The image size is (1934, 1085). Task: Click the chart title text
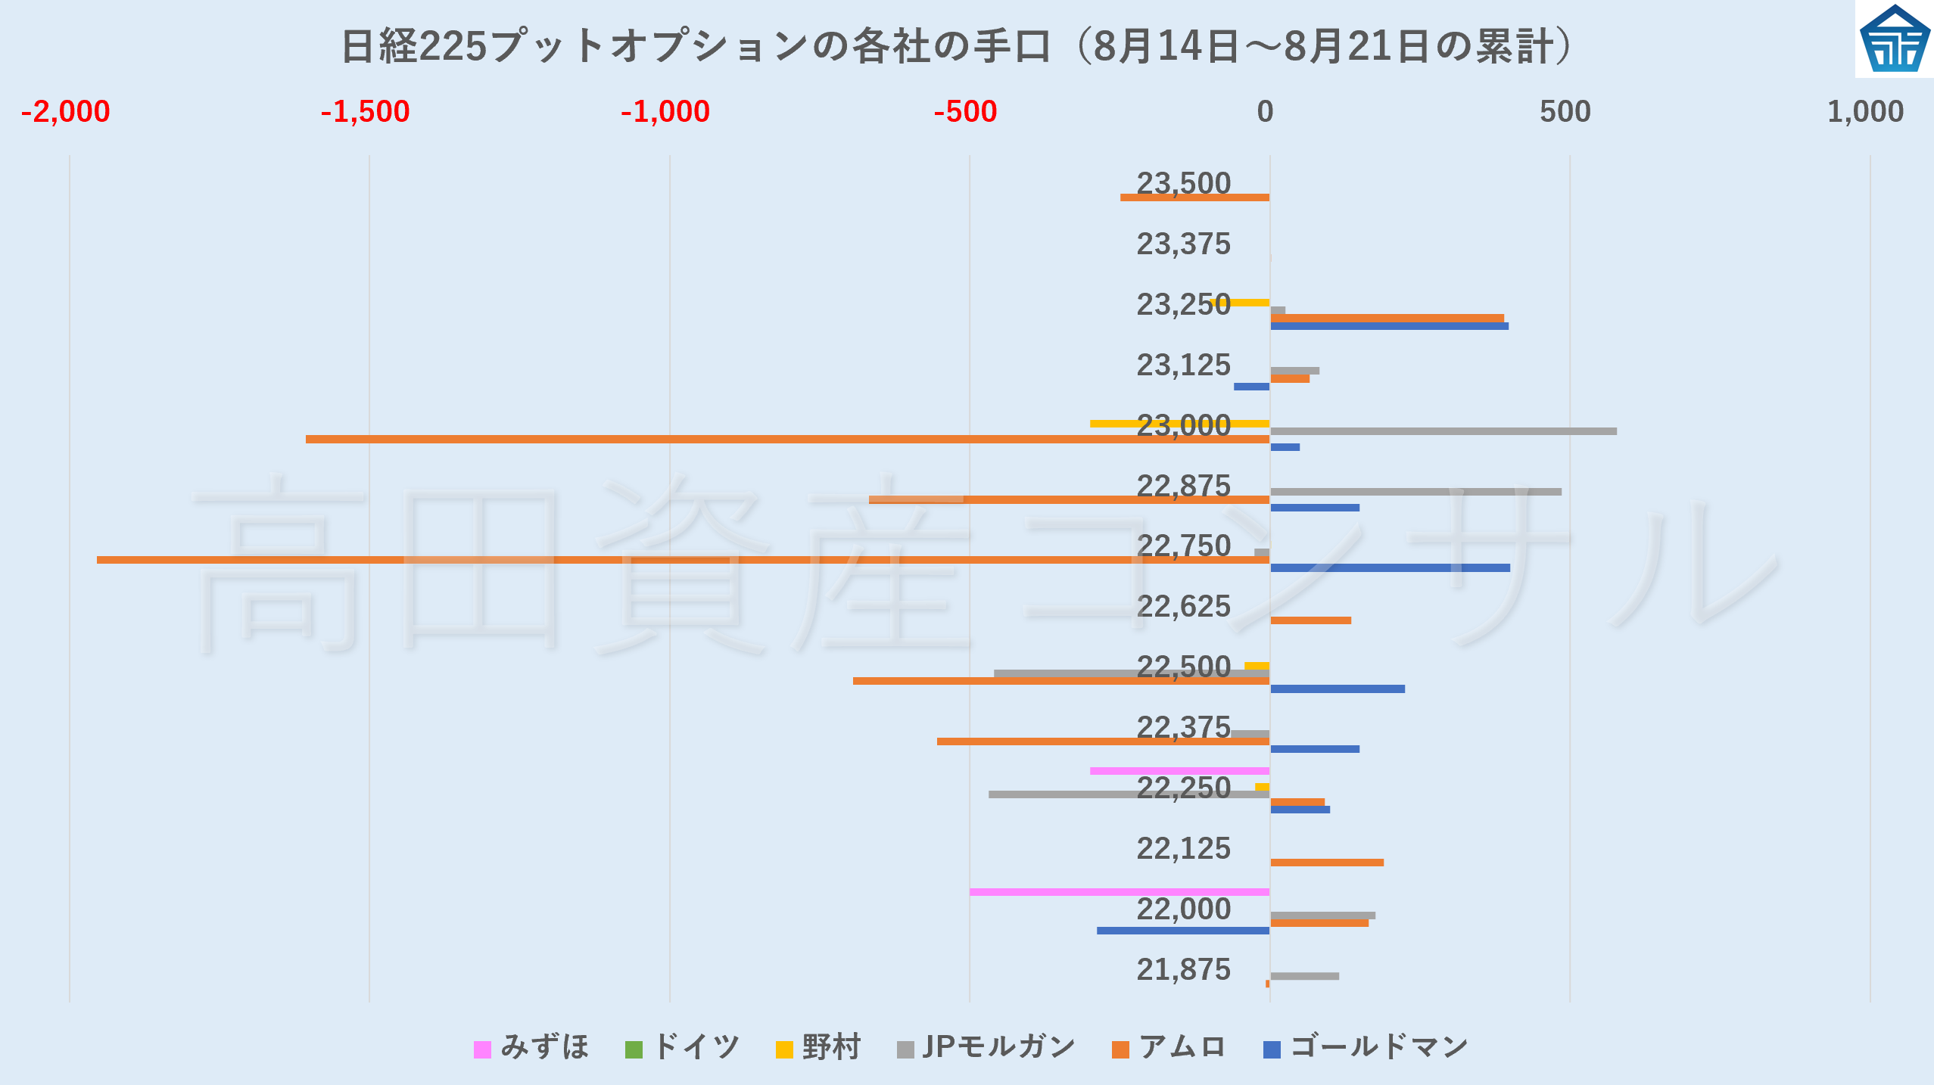click(958, 46)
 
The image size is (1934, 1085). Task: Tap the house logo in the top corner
click(1895, 39)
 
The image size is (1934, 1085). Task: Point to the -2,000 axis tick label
click(66, 112)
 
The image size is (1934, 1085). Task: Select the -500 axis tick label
click(965, 112)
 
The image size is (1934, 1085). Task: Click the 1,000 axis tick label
click(1865, 112)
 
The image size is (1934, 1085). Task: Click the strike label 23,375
click(1184, 244)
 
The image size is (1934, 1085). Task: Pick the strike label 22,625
click(1184, 606)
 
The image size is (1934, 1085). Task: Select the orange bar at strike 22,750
click(684, 560)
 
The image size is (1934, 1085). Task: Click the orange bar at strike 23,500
click(1195, 197)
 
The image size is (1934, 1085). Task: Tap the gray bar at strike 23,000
click(1443, 431)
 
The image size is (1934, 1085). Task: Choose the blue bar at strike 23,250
click(1389, 326)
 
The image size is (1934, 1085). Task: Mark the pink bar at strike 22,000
click(1120, 892)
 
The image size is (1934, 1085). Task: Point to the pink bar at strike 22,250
click(1180, 771)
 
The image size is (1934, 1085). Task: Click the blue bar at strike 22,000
click(1183, 931)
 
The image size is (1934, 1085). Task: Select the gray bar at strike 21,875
click(1304, 976)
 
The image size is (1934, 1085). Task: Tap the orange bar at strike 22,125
click(1327, 863)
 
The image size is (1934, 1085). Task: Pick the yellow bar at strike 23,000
click(1180, 424)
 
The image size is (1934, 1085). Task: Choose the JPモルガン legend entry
click(986, 1048)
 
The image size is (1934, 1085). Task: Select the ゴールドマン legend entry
click(1366, 1048)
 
